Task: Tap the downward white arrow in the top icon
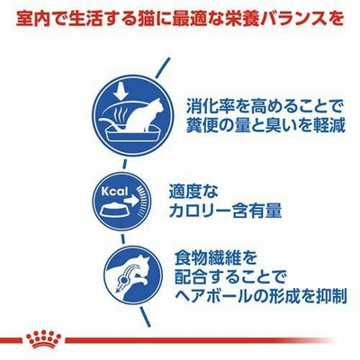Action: (121, 91)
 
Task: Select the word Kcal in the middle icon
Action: (114, 192)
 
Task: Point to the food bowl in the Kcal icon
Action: (113, 211)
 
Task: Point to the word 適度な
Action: (193, 192)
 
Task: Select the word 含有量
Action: (257, 211)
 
